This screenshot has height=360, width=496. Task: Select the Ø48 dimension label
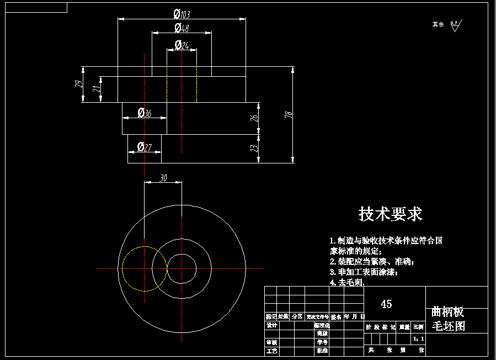pyautogui.click(x=182, y=28)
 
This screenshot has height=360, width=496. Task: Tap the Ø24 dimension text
pyautogui.click(x=182, y=45)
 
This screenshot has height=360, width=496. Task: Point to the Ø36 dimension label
pyautogui.click(x=145, y=113)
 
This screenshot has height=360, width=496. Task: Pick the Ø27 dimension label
pyautogui.click(x=145, y=147)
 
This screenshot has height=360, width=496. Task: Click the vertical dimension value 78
pyautogui.click(x=287, y=115)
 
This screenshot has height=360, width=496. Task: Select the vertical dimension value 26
pyautogui.click(x=254, y=118)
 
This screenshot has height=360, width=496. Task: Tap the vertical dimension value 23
pyautogui.click(x=254, y=149)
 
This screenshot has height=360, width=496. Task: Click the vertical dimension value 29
pyautogui.click(x=78, y=84)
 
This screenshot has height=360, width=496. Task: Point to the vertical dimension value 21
pyautogui.click(x=97, y=89)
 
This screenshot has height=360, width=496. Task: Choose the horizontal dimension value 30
pyautogui.click(x=163, y=178)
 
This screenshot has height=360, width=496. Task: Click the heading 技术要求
pyautogui.click(x=391, y=214)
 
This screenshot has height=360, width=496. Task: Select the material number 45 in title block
pyautogui.click(x=386, y=304)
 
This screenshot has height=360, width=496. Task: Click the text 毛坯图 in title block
pyautogui.click(x=448, y=326)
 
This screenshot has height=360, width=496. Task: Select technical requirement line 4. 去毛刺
pyautogui.click(x=347, y=282)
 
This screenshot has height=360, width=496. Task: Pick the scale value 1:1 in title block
pyautogui.click(x=418, y=338)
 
